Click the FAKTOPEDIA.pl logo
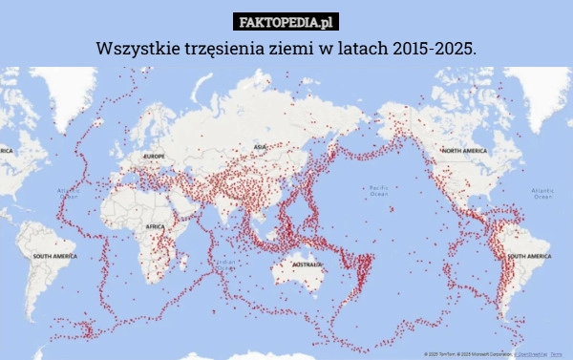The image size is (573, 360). tap(286, 21)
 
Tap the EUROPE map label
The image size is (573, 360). tap(154, 155)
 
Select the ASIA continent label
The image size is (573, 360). tap(260, 146)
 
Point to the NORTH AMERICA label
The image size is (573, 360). tap(464, 151)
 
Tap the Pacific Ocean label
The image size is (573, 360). tap(378, 191)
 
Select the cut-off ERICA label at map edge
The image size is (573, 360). tap(6, 151)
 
